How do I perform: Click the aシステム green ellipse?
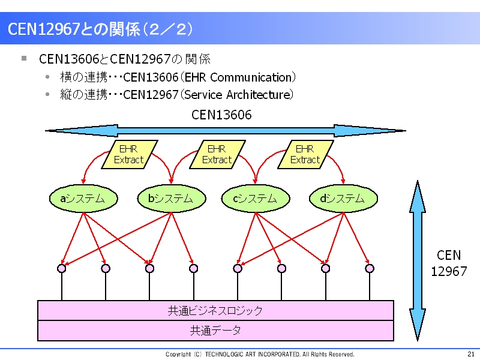click(x=83, y=199)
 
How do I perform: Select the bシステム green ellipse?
click(x=172, y=199)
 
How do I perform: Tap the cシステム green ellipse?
click(x=256, y=199)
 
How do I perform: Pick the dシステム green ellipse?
click(x=343, y=199)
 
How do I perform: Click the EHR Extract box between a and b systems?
click(x=130, y=155)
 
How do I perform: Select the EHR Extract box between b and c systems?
click(x=218, y=155)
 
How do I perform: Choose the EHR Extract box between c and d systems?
click(x=305, y=155)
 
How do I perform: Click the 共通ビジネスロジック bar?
click(x=215, y=310)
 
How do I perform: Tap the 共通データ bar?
click(x=215, y=331)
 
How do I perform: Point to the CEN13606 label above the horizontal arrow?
click(x=221, y=115)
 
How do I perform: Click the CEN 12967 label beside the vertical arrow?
click(x=449, y=263)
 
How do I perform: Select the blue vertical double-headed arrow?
click(x=418, y=260)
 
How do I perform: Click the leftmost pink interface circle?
click(x=62, y=268)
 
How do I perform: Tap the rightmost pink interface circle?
click(x=370, y=268)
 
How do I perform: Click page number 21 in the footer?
click(x=471, y=354)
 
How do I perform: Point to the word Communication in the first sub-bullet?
click(x=251, y=77)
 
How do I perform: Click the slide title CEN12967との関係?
click(x=100, y=29)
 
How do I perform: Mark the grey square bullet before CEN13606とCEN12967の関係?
click(x=24, y=58)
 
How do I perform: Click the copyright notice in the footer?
click(x=260, y=354)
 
